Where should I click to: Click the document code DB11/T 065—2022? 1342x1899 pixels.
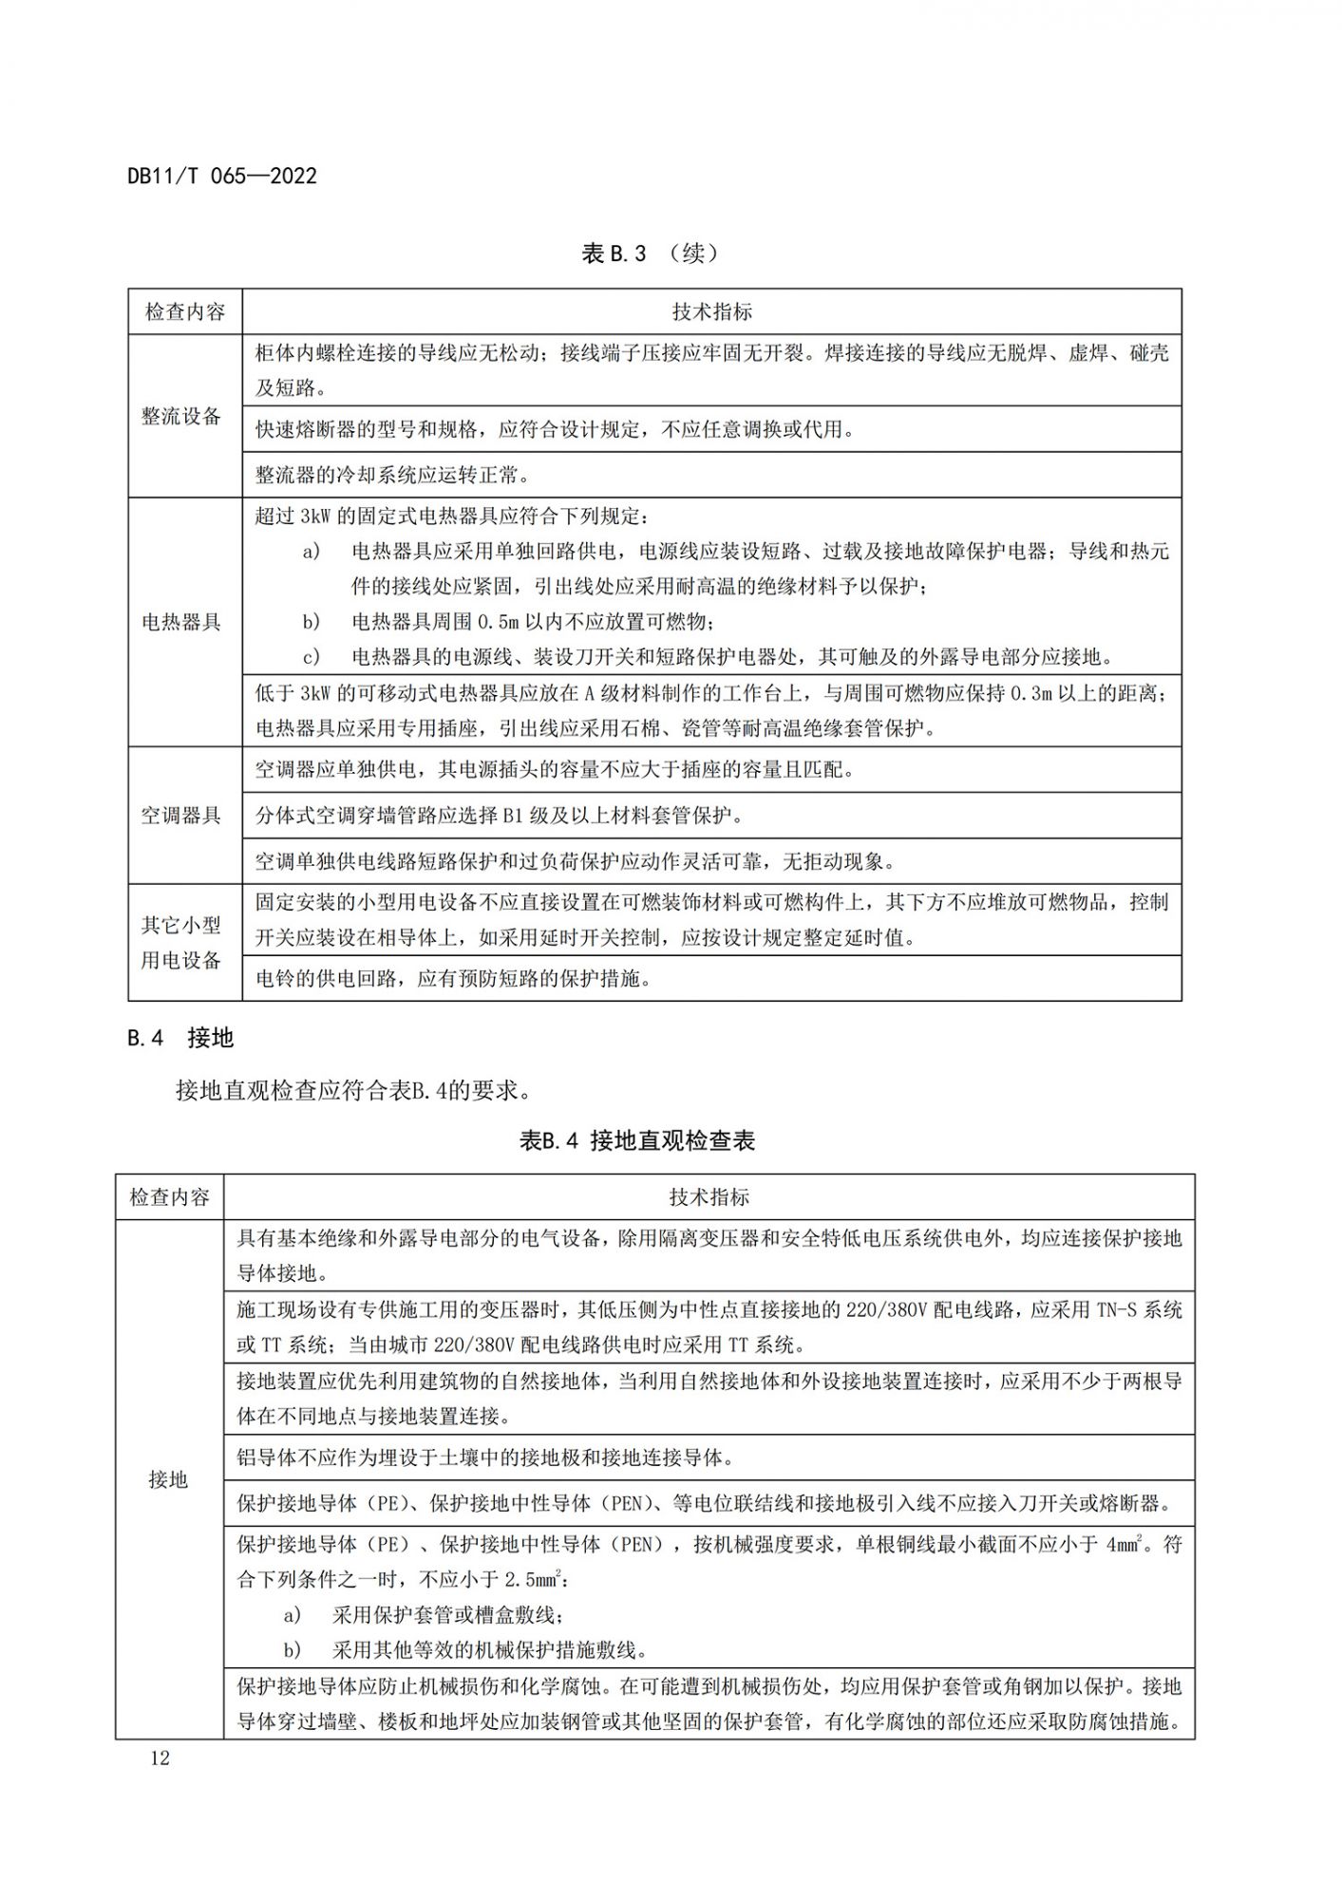pyautogui.click(x=222, y=176)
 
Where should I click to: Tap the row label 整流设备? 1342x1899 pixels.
pyautogui.click(x=181, y=417)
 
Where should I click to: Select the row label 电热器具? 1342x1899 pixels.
pyautogui.click(x=181, y=623)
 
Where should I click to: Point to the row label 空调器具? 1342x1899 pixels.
pyautogui.click(x=181, y=816)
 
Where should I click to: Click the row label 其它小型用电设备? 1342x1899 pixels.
pyautogui.click(x=181, y=943)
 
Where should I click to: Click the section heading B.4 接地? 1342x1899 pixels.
pyautogui.click(x=180, y=1038)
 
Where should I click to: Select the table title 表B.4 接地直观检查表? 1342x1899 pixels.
pyautogui.click(x=636, y=1140)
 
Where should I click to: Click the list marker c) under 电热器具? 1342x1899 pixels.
pyautogui.click(x=312, y=657)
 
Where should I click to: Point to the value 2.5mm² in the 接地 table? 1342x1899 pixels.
pyautogui.click(x=534, y=1580)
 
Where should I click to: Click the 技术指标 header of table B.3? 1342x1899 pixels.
pyautogui.click(x=711, y=311)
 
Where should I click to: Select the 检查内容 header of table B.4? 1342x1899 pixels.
pyautogui.click(x=169, y=1197)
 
